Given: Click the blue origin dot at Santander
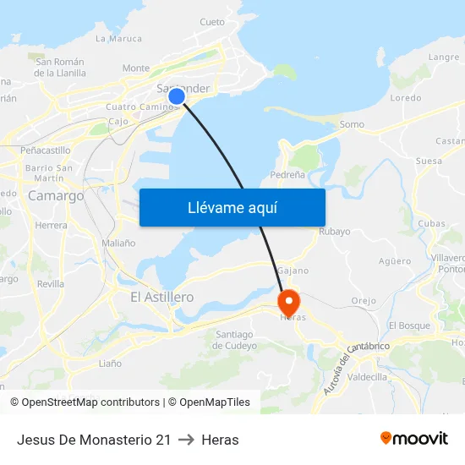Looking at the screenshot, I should (177, 96).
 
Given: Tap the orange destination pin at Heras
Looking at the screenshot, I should (288, 302).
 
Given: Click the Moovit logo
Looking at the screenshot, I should (413, 439).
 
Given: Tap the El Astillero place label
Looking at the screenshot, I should (162, 298).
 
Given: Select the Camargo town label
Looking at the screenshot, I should (56, 195).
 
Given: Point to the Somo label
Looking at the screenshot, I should (352, 124).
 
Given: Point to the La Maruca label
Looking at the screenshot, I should (118, 38).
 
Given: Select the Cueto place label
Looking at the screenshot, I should (212, 22).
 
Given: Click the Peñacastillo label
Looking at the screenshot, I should (45, 150).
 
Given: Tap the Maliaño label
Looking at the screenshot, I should (118, 243).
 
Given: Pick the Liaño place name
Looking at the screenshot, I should (110, 364).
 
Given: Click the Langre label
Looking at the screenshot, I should (444, 57).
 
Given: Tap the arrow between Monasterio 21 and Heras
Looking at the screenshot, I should (186, 440).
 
